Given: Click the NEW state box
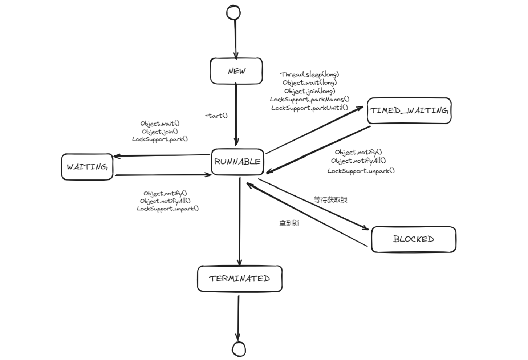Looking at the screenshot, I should pos(236,71).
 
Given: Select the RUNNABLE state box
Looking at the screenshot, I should pos(237,162).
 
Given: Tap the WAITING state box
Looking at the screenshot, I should pos(87,167).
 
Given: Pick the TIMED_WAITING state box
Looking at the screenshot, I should pos(409,110).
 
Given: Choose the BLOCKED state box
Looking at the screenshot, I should pos(414,239).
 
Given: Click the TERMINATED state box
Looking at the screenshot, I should pos(240,279).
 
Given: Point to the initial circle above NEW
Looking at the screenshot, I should pos(233,12).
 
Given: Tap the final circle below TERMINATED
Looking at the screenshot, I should pos(239,349).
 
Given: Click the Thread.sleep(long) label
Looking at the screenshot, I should pos(309,74).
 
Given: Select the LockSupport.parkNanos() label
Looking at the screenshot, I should pos(310,99).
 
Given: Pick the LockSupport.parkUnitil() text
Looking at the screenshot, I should pos(309,108).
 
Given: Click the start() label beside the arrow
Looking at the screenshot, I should pos(217,116).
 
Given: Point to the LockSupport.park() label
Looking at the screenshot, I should pos(160,139).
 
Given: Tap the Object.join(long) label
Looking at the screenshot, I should pos(309,91).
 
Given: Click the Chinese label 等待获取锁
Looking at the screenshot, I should pos(330,199).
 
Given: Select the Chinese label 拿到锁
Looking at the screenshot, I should pos(289,223).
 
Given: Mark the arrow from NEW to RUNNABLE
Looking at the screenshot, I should pos(236,113).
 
